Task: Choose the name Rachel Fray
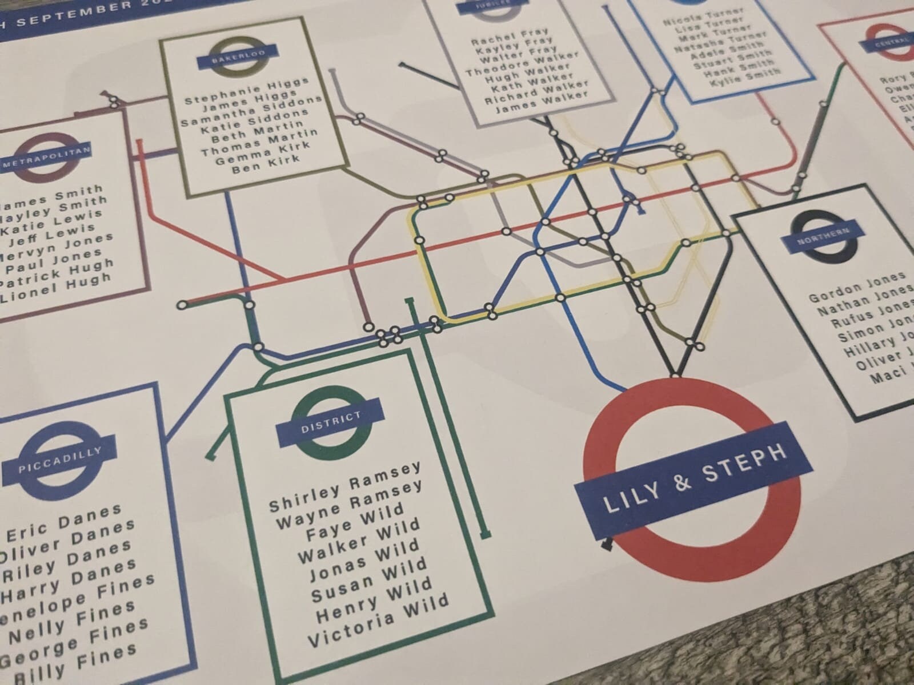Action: (510, 36)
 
